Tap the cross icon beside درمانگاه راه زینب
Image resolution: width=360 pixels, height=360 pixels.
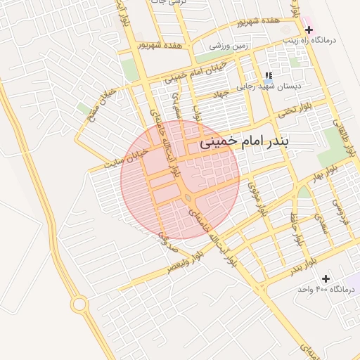pyautogui.click(x=309, y=30)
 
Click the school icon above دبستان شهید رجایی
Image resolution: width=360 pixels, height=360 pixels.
pyautogui.click(x=268, y=76)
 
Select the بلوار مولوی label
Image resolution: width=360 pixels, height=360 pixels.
pyautogui.click(x=261, y=200)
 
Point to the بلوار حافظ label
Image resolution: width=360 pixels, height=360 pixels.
pyautogui.click(x=298, y=229)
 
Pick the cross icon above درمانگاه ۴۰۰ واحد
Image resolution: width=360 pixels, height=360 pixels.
pyautogui.click(x=326, y=278)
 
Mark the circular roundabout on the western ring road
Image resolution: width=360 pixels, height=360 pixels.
pyautogui.click(x=78, y=304)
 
